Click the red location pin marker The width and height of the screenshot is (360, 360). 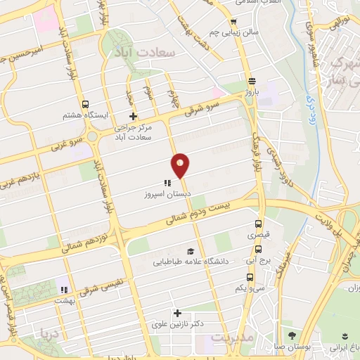click(181, 166)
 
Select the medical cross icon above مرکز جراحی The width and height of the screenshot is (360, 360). click(131, 117)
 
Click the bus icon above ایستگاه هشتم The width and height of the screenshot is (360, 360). click(85, 104)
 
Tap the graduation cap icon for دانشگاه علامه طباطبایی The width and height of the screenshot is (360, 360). click(189, 252)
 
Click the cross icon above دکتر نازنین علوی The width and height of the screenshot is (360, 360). click(177, 313)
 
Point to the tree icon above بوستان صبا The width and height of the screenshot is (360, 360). click(291, 334)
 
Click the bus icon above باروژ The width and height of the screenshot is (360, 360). click(251, 79)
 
